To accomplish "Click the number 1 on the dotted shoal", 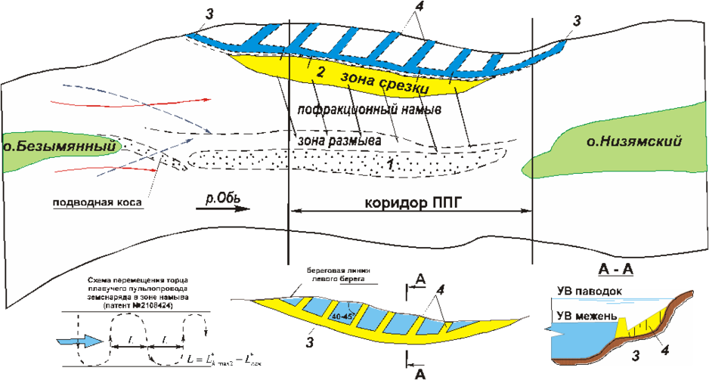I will coord(387,162).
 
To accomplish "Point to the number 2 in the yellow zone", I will coord(320,73).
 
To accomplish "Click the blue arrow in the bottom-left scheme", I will coord(76,341).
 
